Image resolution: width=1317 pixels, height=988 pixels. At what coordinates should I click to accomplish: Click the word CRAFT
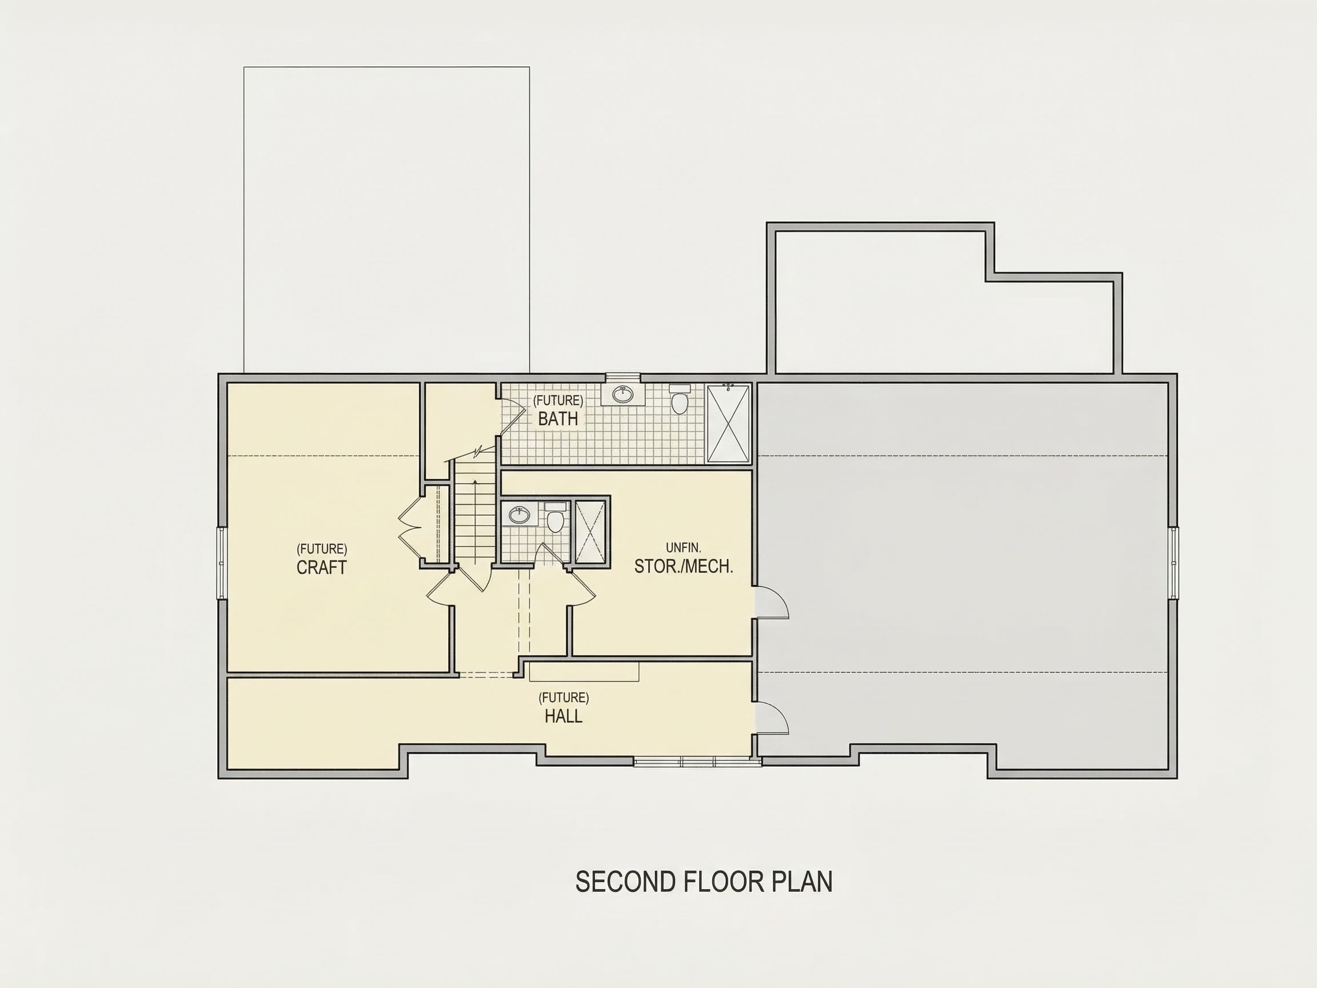(x=321, y=568)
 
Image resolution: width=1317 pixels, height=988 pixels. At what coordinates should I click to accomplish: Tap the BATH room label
(x=558, y=419)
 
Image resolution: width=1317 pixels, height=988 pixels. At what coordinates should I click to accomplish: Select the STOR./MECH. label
(x=684, y=567)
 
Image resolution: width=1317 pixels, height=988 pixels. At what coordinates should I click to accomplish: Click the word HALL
(x=563, y=716)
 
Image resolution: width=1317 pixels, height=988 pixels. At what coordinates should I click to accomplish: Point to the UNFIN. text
(x=684, y=547)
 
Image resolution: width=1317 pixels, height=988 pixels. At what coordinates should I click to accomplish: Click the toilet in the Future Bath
(x=679, y=399)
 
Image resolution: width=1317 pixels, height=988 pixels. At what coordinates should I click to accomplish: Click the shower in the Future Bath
(x=728, y=423)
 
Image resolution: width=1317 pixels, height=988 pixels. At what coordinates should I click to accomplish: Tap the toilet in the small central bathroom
(x=556, y=517)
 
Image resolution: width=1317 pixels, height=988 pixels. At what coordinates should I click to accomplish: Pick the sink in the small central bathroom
(x=520, y=514)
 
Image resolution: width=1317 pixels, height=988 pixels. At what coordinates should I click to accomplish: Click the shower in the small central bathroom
(x=589, y=531)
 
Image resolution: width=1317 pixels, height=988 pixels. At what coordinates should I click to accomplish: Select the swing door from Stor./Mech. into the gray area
(x=772, y=603)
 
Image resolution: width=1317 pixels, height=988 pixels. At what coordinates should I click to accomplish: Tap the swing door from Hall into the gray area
(x=772, y=718)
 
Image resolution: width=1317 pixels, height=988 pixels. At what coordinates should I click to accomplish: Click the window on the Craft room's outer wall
(x=221, y=563)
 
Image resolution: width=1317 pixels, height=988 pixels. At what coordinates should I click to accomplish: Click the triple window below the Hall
(x=697, y=762)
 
